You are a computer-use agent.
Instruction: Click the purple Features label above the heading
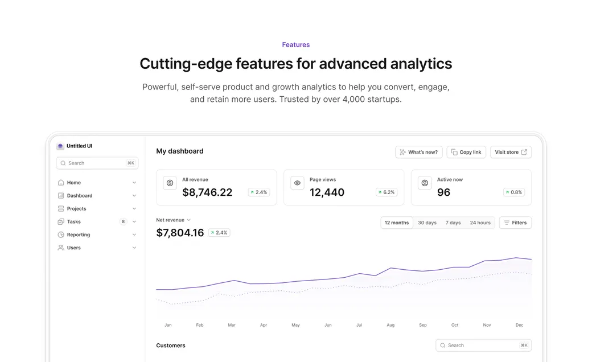(296, 45)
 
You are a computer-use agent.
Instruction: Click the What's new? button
(419, 152)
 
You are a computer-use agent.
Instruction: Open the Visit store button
(511, 152)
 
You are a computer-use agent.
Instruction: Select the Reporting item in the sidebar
(79, 235)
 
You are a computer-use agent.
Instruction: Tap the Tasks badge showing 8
(123, 222)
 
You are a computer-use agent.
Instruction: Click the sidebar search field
(97, 163)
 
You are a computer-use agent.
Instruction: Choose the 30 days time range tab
(427, 223)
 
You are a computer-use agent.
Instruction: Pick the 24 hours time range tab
(480, 223)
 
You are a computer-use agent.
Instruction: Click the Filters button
(515, 223)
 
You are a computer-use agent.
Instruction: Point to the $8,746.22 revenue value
(207, 192)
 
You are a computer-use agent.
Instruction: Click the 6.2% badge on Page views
(387, 192)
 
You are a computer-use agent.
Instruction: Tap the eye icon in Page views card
(297, 183)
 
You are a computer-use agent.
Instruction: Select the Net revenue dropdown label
(173, 220)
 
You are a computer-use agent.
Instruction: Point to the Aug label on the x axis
(390, 325)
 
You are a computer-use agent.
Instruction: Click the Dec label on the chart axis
(519, 325)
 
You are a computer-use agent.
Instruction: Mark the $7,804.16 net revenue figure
(180, 232)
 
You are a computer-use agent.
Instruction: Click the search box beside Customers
(483, 345)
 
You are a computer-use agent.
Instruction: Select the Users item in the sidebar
(74, 248)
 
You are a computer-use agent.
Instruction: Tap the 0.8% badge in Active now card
(514, 192)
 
